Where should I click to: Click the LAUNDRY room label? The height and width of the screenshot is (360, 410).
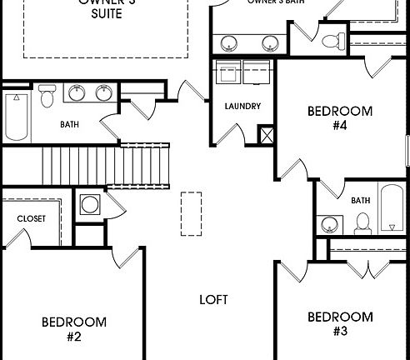pos(243,107)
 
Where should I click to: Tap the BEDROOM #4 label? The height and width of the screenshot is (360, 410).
pos(340,117)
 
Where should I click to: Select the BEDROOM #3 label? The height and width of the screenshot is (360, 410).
pos(340,323)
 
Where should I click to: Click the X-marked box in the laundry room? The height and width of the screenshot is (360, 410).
pos(266,134)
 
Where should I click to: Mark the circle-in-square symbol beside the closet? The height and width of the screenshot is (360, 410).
pos(88,204)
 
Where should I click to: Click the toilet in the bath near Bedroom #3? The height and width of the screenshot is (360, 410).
pos(362,223)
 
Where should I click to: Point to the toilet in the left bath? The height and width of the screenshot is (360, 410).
pos(47,97)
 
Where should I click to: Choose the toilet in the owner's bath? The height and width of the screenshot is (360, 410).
pos(331,41)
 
